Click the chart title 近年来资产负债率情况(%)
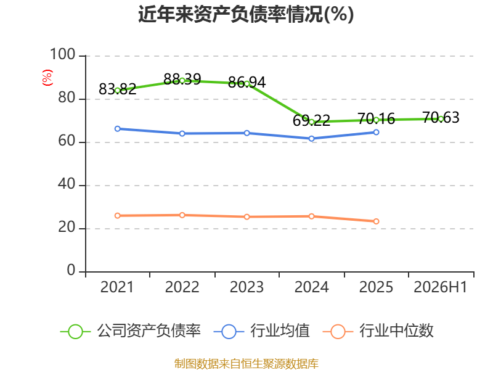coord(246,14)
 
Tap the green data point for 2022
coord(182,81)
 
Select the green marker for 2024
coord(312,122)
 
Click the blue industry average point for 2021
coord(118,129)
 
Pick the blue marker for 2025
coord(376,132)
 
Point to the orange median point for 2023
coord(247,217)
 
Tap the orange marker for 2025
coord(376,221)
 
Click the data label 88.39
coord(182,79)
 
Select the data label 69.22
coord(312,120)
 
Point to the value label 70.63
coord(441,118)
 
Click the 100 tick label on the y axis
coord(63,54)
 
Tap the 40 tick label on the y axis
coord(67,184)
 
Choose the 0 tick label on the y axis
coord(71,270)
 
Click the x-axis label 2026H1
coord(441,287)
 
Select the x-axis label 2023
coord(247,287)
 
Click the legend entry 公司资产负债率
coord(131,331)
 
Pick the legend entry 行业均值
coord(261,331)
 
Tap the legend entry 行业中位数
coord(378,331)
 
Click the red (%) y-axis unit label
coord(47,78)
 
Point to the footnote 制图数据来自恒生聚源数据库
coord(246,363)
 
